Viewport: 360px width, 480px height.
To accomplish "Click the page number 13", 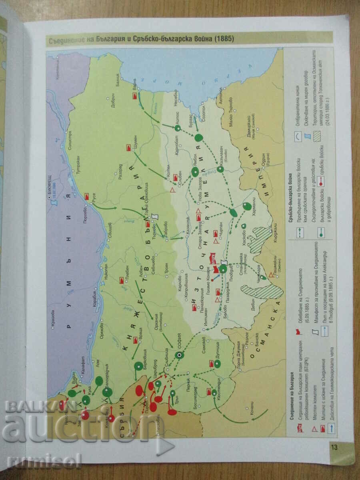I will coord(334,447).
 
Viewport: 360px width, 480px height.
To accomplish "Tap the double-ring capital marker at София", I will coord(179,355).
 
